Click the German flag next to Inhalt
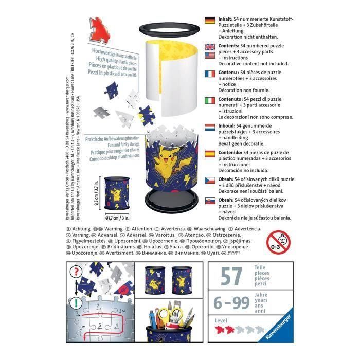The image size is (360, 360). tap(209, 21)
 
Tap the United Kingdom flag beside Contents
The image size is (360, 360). tap(209, 47)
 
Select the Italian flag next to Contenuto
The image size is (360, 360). tap(209, 100)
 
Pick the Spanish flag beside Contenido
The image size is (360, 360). tap(209, 153)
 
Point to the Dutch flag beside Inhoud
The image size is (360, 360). tap(209, 127)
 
